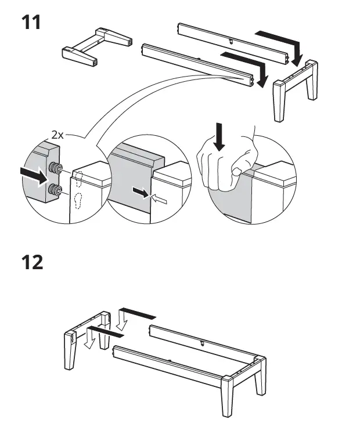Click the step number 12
pyautogui.click(x=33, y=263)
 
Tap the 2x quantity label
pyautogui.click(x=57, y=135)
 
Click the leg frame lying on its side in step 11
pyautogui.click(x=96, y=46)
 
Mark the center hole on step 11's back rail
pyautogui.click(x=231, y=41)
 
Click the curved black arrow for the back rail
pyautogui.click(x=280, y=44)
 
